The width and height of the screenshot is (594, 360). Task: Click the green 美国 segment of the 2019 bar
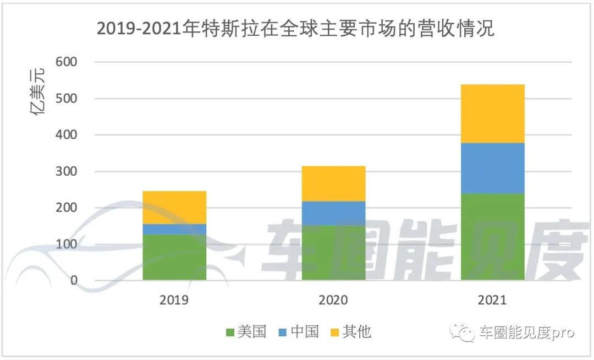click(174, 257)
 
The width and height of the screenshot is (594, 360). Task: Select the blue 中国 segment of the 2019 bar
click(174, 229)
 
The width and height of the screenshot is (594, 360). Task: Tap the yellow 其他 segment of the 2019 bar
click(174, 207)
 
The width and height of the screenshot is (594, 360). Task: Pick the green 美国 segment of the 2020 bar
click(333, 253)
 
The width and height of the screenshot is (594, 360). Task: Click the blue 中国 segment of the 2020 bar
click(333, 213)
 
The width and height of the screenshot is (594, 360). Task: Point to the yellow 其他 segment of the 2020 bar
click(333, 183)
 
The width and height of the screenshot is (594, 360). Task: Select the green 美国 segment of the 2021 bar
click(493, 237)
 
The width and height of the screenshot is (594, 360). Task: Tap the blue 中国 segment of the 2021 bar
click(493, 168)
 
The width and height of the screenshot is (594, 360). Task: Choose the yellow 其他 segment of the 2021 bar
click(493, 113)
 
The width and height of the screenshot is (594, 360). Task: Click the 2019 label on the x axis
click(174, 301)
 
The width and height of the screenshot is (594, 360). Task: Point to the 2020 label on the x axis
click(333, 301)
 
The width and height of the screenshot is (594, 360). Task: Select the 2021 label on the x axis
click(493, 301)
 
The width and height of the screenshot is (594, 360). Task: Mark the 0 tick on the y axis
click(74, 281)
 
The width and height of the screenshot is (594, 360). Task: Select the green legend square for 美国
click(230, 332)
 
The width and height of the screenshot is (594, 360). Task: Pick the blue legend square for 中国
click(282, 332)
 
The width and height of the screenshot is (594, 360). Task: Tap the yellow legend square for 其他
click(334, 332)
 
